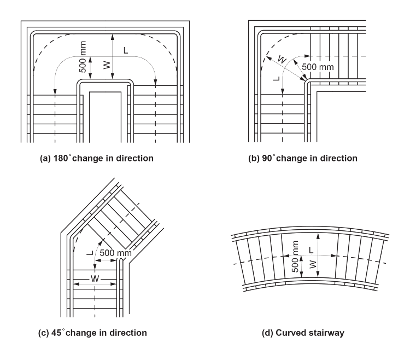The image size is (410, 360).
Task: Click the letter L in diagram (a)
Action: (x=126, y=51)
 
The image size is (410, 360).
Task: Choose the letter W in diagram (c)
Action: (x=95, y=278)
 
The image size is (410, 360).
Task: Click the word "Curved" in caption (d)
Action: (x=300, y=332)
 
